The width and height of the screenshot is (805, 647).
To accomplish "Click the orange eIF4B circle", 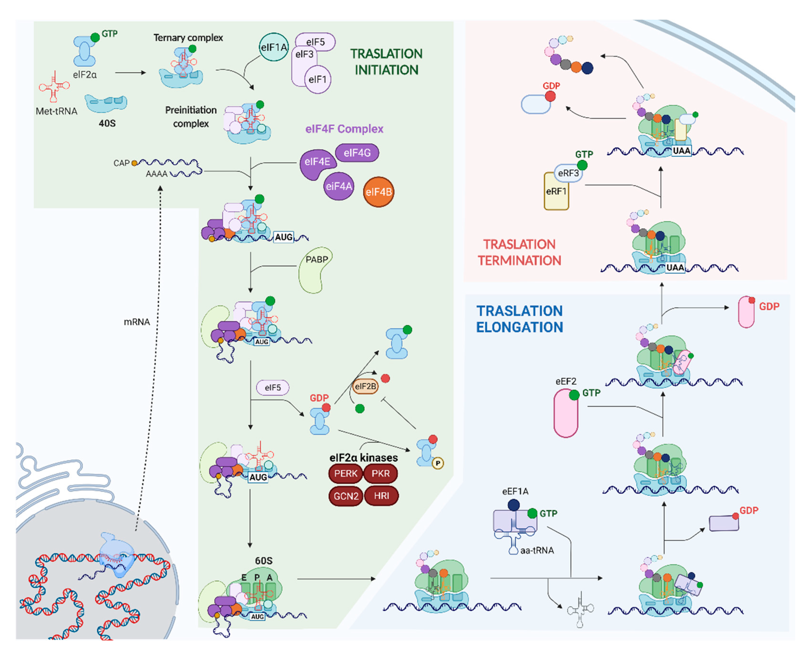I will point(378,192).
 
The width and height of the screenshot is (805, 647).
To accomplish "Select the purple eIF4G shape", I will point(357,152).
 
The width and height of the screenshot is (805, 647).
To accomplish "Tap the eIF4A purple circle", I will point(339,186).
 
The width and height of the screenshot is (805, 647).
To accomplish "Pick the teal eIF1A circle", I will point(274,47).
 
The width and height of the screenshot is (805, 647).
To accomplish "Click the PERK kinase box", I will point(345,473).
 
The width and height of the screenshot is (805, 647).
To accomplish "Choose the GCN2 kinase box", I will point(346,496).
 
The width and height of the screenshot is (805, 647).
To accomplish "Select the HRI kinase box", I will point(381,496).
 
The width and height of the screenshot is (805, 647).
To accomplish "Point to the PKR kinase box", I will point(380,473).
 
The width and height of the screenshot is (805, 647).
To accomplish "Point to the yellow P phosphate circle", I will point(438,463).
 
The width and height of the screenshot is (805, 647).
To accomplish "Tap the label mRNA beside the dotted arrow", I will point(137,322).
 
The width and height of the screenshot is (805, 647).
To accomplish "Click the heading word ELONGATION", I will point(519,327).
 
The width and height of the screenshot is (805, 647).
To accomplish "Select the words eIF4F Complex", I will point(344,129).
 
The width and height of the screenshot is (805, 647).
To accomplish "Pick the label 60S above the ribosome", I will point(264,561).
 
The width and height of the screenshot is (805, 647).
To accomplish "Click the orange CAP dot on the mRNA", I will point(134,163).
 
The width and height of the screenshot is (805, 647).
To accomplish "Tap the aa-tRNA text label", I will point(537,550).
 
